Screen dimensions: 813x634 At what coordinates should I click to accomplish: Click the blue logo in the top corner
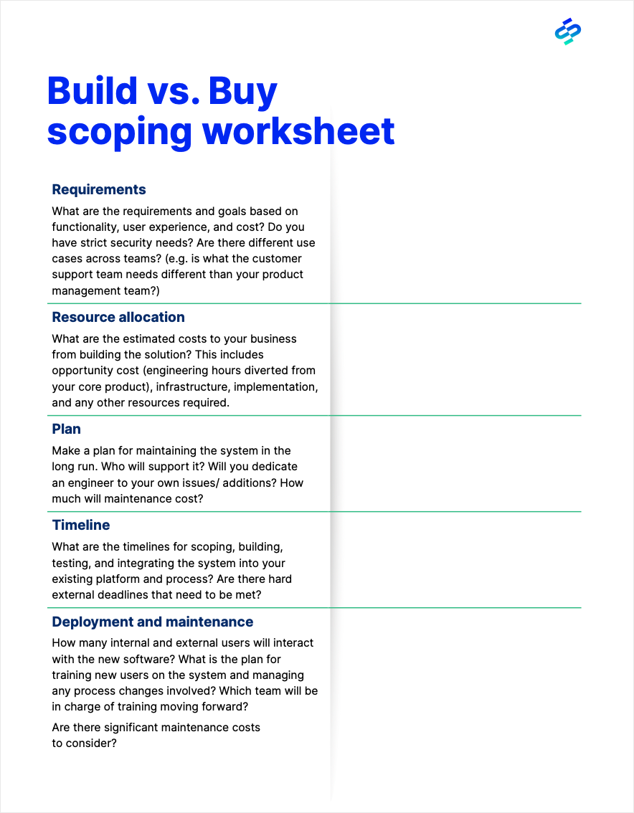[568, 32]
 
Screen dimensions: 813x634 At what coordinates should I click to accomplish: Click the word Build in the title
[92, 92]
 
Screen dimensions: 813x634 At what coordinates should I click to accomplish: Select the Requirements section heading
[99, 189]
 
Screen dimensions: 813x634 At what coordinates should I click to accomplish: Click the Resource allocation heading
[118, 317]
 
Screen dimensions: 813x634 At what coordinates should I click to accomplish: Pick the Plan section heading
[66, 429]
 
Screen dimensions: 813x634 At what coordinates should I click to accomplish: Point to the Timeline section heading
[81, 525]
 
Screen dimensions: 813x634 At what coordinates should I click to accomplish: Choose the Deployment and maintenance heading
[153, 622]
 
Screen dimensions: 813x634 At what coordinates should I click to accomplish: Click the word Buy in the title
[242, 92]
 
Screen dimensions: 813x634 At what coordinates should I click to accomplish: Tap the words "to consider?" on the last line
[84, 743]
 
